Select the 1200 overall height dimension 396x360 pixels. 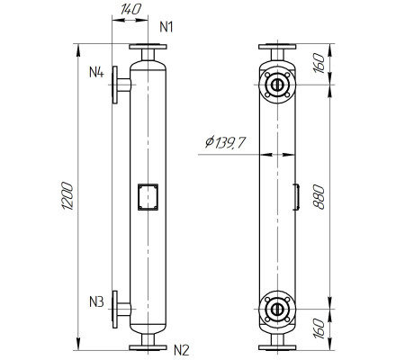(x=68, y=196)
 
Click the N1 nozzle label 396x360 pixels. (x=166, y=26)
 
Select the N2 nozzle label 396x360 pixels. (x=181, y=349)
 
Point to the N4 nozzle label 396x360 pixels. (x=97, y=71)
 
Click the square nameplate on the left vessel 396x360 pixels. (x=147, y=196)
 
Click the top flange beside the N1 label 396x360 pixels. (x=147, y=47)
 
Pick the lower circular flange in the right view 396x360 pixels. (x=277, y=311)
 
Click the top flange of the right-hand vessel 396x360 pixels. (x=277, y=47)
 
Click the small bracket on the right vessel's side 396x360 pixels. (x=296, y=196)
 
